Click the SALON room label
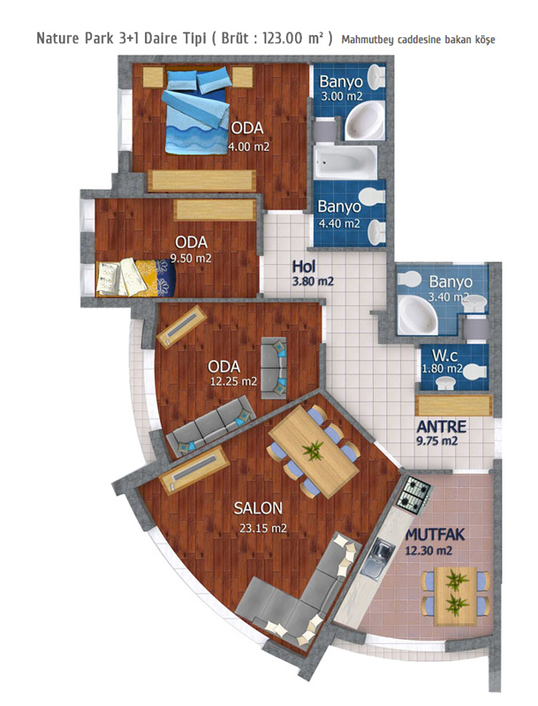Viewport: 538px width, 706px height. (x=258, y=508)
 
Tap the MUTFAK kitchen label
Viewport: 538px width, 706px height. (x=435, y=535)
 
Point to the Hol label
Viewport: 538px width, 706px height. (x=304, y=267)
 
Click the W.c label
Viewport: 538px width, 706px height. (x=444, y=356)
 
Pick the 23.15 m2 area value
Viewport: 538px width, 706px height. (x=262, y=528)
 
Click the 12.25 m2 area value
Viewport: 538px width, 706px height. (x=233, y=381)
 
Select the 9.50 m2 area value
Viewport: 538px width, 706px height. (x=191, y=259)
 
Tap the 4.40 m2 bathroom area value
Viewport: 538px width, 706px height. (x=339, y=223)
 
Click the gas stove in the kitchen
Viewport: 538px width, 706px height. (x=413, y=493)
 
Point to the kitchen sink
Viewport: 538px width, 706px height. (x=377, y=557)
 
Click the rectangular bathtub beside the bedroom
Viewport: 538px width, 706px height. (x=345, y=161)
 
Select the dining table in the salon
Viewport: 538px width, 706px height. (x=314, y=452)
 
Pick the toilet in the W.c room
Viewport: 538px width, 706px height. (x=474, y=372)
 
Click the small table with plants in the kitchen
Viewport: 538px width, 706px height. (x=456, y=596)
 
